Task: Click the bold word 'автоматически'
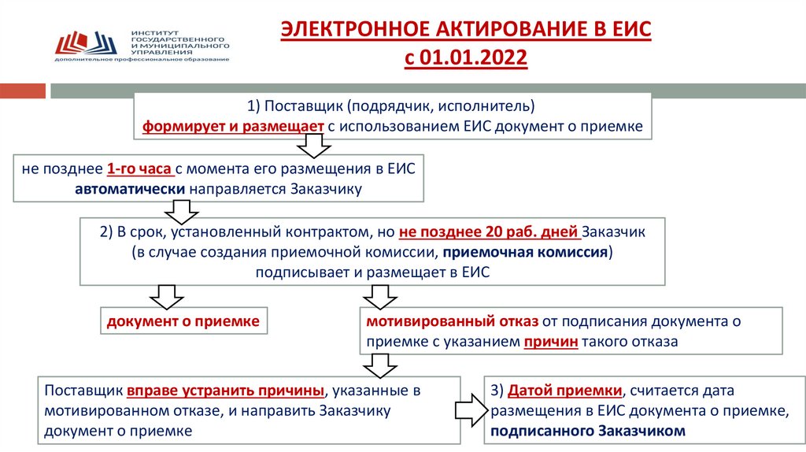click(x=131, y=189)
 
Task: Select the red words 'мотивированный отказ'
click(x=450, y=321)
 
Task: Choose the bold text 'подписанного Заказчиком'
click(x=587, y=431)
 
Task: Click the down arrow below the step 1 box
click(x=312, y=146)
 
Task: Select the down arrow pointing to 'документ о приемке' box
click(x=165, y=295)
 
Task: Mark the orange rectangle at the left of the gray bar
click(x=22, y=91)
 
